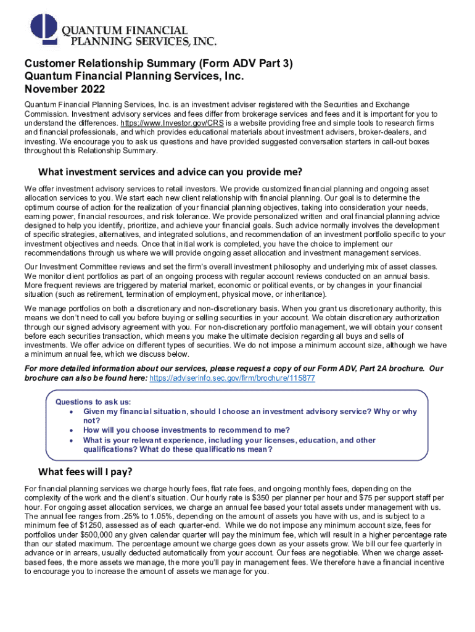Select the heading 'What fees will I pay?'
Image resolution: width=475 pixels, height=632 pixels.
pyautogui.click(x=85, y=473)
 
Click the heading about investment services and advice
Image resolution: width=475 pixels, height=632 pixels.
pyautogui.click(x=170, y=171)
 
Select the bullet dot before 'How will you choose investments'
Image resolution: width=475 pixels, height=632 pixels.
pyautogui.click(x=73, y=430)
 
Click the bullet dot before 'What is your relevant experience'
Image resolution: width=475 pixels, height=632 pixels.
pyautogui.click(x=73, y=441)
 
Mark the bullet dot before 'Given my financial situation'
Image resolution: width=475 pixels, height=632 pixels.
pyautogui.click(x=73, y=412)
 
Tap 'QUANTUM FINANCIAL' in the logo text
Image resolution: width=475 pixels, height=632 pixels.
pyautogui.click(x=124, y=30)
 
